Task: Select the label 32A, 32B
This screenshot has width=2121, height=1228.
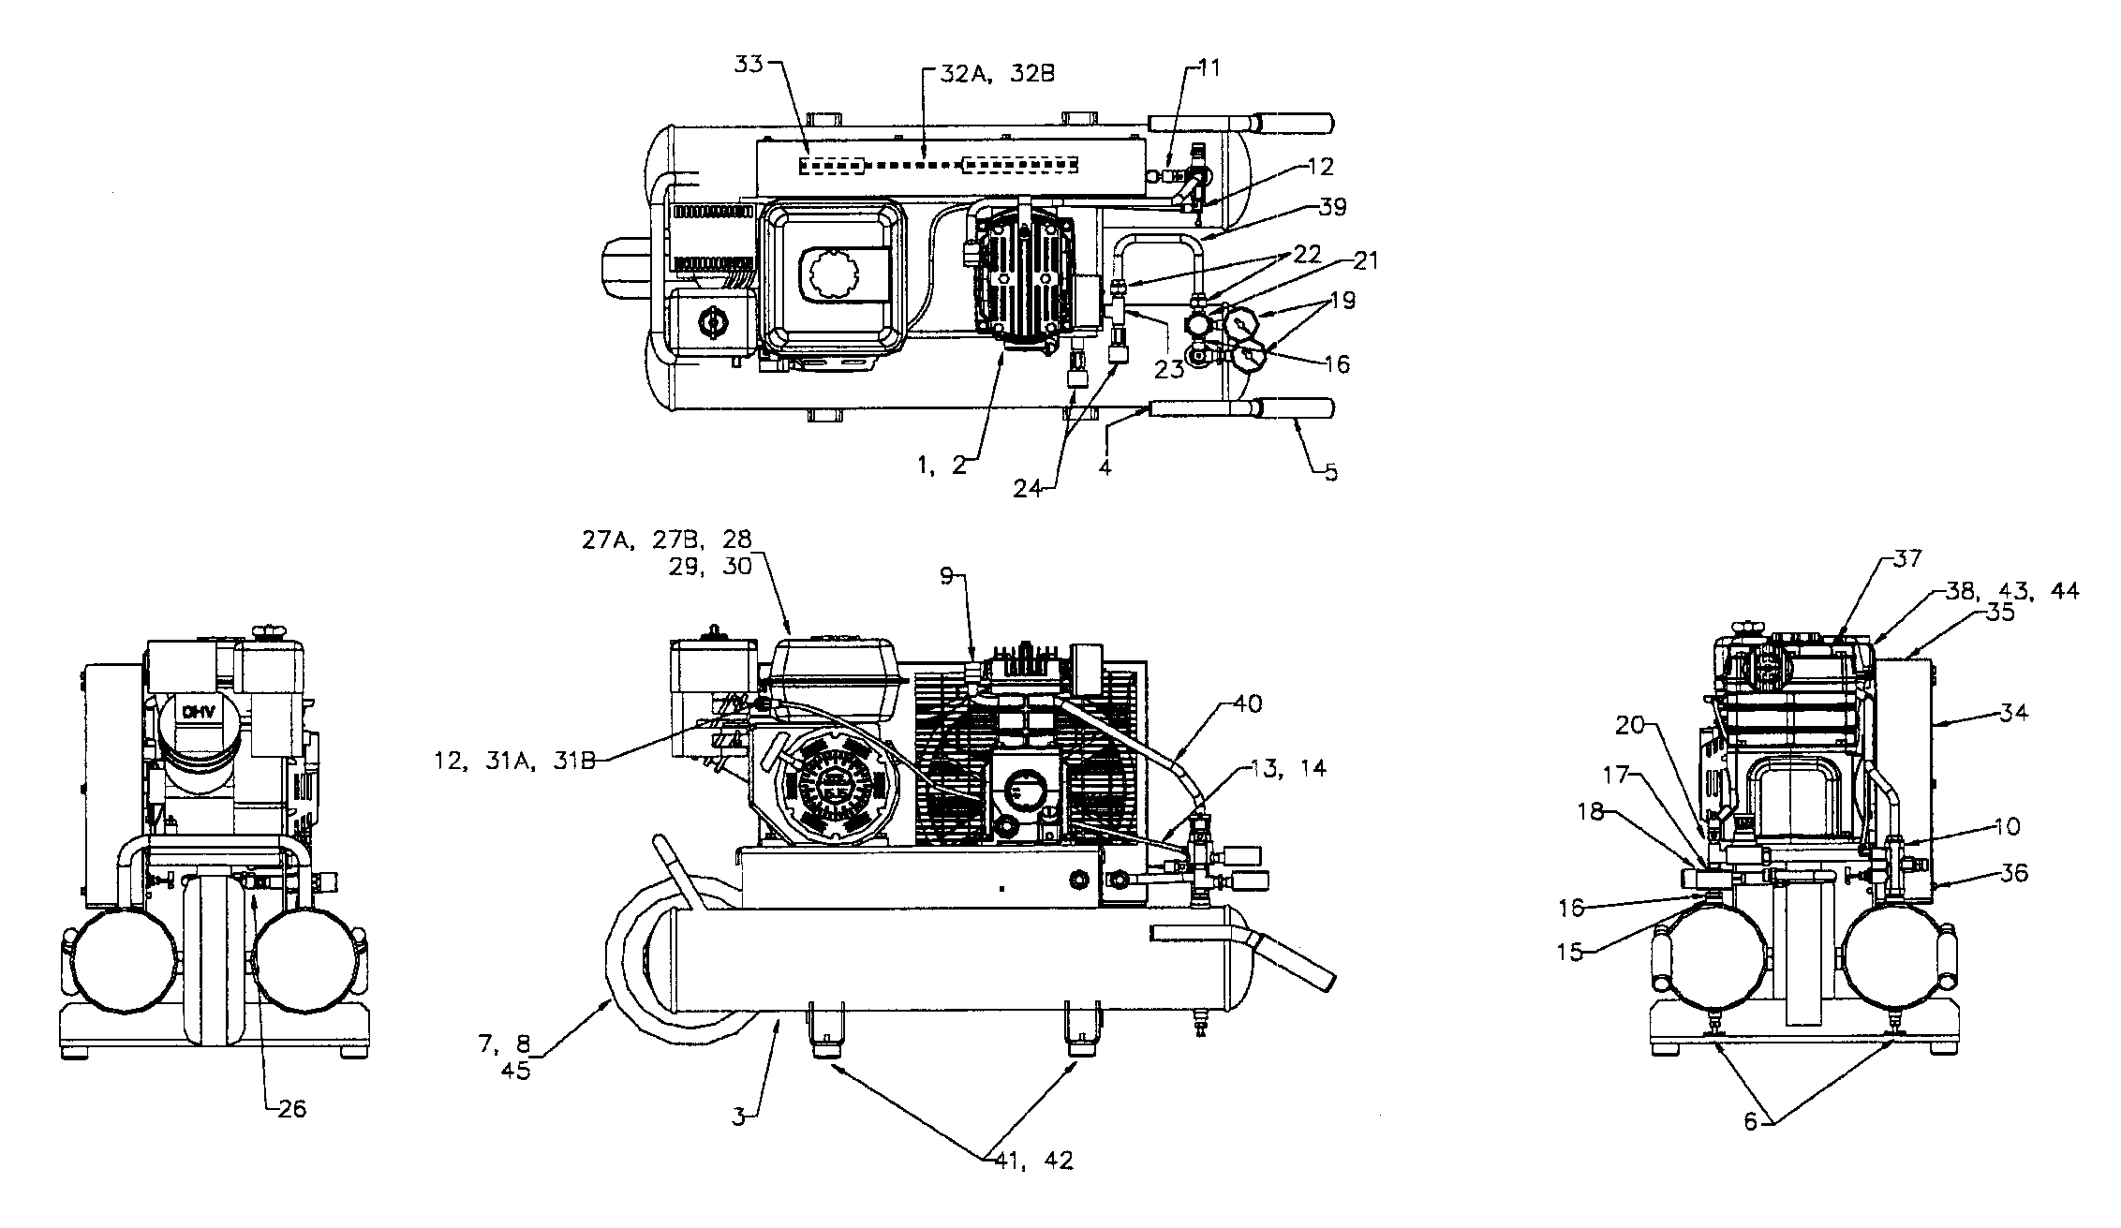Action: [x=988, y=74]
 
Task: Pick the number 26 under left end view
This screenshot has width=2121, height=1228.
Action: [x=291, y=1109]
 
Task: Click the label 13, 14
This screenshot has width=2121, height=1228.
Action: [x=1287, y=768]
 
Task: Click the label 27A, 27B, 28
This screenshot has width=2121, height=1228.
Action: [x=666, y=542]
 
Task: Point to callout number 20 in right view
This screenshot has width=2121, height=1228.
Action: [x=1630, y=724]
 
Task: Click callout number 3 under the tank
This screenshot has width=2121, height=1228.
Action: [x=739, y=1117]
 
